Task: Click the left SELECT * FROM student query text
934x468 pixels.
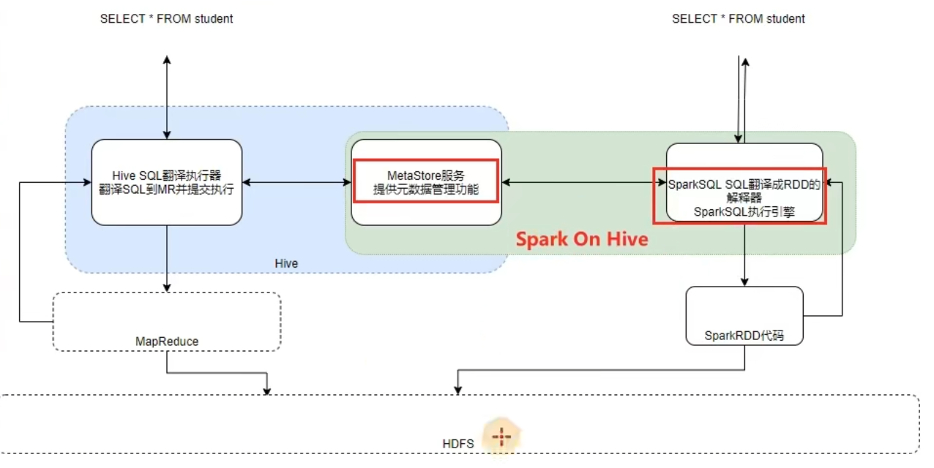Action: click(x=166, y=19)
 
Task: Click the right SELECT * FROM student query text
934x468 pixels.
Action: click(x=738, y=19)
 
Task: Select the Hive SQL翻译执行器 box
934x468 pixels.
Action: click(x=167, y=182)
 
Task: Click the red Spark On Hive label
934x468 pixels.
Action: click(x=582, y=239)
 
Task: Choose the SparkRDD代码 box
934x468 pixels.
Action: click(x=744, y=315)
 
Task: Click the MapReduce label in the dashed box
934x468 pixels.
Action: click(x=167, y=341)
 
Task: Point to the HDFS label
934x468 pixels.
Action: click(x=458, y=444)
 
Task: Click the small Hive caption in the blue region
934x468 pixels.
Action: click(x=286, y=263)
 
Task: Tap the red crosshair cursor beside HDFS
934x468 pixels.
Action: click(x=501, y=437)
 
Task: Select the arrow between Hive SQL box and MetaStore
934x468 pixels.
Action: click(x=296, y=182)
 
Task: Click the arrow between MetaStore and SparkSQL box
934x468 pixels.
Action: click(x=583, y=182)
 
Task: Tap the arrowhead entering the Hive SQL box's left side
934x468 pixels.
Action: click(x=86, y=182)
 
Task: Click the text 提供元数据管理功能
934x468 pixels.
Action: click(x=426, y=190)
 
